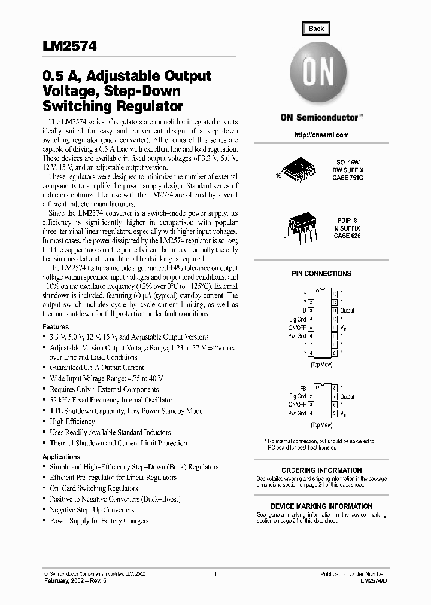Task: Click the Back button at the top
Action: [x=316, y=28]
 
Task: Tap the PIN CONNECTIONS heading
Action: [x=321, y=274]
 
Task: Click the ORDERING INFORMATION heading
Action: [x=321, y=470]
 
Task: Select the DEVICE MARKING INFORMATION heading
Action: [x=321, y=506]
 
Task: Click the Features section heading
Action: [x=56, y=327]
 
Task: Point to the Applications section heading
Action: [x=61, y=457]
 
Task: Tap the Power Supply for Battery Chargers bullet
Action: [x=99, y=521]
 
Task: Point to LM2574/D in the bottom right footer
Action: [x=373, y=580]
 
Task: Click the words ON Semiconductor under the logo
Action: [x=319, y=118]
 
